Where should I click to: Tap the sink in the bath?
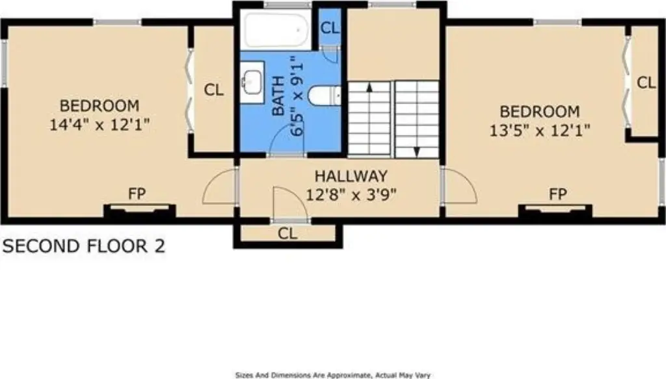252,83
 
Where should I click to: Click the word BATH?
278,96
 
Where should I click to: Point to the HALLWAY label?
351,176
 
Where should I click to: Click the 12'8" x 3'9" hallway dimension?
351,195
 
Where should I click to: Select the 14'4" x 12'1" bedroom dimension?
100,125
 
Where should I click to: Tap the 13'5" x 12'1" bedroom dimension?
540,130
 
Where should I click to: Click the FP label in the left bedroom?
137,194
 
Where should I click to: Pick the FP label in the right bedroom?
557,194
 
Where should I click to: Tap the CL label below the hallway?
287,233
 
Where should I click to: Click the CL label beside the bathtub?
330,28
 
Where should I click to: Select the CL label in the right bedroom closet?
646,83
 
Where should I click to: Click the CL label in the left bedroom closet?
213,90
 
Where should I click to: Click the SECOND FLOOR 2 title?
84,246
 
